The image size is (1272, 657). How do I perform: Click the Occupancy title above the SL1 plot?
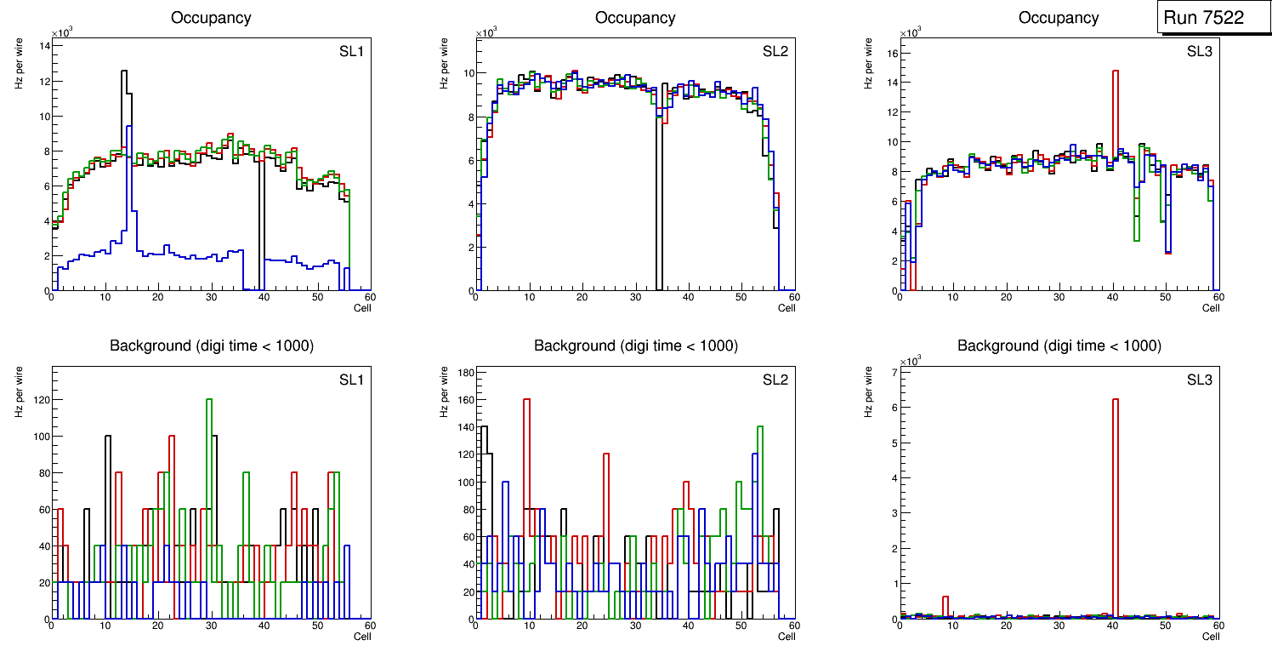pyautogui.click(x=211, y=18)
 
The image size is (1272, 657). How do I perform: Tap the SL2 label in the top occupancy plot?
pyautogui.click(x=775, y=52)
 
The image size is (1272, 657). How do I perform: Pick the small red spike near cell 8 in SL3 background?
pyautogui.click(x=945, y=605)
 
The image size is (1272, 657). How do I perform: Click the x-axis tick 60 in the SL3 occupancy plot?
pyautogui.click(x=1218, y=297)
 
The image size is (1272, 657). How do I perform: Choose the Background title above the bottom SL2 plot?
pyautogui.click(x=635, y=346)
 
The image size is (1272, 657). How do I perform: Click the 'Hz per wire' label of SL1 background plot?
pyautogui.click(x=20, y=391)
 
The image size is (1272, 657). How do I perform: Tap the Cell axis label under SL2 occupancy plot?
pyautogui.click(x=786, y=308)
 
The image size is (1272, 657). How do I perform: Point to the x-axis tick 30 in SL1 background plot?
pyautogui.click(x=211, y=625)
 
